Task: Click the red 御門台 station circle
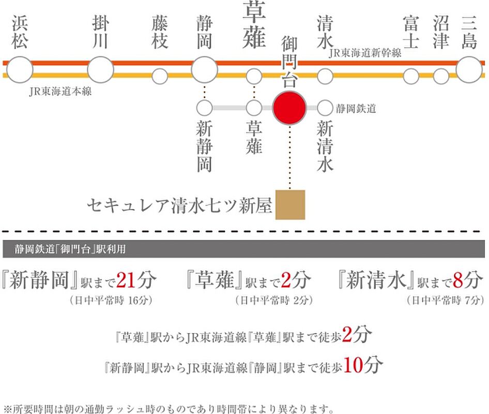coord(289,108)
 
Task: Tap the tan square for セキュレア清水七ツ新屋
coord(290,204)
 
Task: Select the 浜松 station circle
coord(20,70)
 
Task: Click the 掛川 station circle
coord(100,70)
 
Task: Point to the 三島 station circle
coord(469,70)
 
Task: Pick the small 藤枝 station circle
coord(160,76)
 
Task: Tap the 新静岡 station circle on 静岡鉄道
coord(204,108)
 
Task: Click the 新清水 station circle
coord(325,108)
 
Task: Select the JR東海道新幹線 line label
coord(365,53)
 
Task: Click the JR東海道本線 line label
coord(60,92)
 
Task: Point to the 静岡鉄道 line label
coord(356,109)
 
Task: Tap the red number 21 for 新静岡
coord(126,280)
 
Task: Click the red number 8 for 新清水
coord(457,280)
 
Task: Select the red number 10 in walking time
coord(353,365)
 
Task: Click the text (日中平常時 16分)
coord(111,300)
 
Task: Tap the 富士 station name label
coord(411,32)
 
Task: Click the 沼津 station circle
coord(441,76)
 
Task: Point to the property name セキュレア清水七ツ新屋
coord(179,206)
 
